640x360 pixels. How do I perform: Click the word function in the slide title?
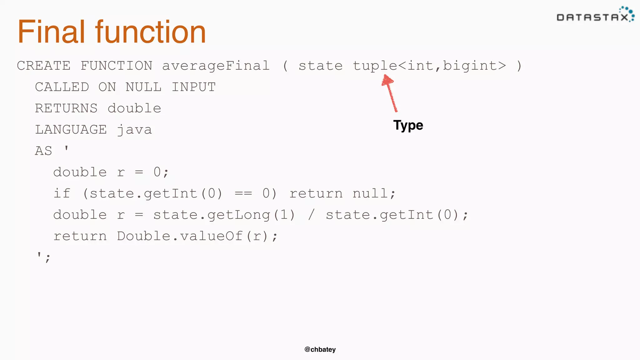[150, 32]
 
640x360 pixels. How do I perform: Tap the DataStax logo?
[595, 15]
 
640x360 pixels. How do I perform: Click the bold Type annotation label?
[408, 125]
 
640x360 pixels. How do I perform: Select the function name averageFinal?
[216, 66]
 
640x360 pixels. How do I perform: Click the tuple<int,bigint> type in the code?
[429, 66]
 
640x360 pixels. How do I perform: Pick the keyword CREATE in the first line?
[44, 66]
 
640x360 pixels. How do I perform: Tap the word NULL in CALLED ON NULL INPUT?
[143, 87]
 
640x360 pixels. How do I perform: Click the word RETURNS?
[66, 108]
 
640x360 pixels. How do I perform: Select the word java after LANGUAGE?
[134, 130]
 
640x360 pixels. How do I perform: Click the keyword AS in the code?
[43, 151]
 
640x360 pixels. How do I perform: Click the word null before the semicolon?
[370, 193]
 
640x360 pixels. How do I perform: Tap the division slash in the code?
[311, 215]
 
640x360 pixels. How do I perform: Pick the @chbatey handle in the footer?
[320, 349]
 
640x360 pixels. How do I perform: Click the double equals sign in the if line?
[243, 193]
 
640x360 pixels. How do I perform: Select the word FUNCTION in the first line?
[117, 66]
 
